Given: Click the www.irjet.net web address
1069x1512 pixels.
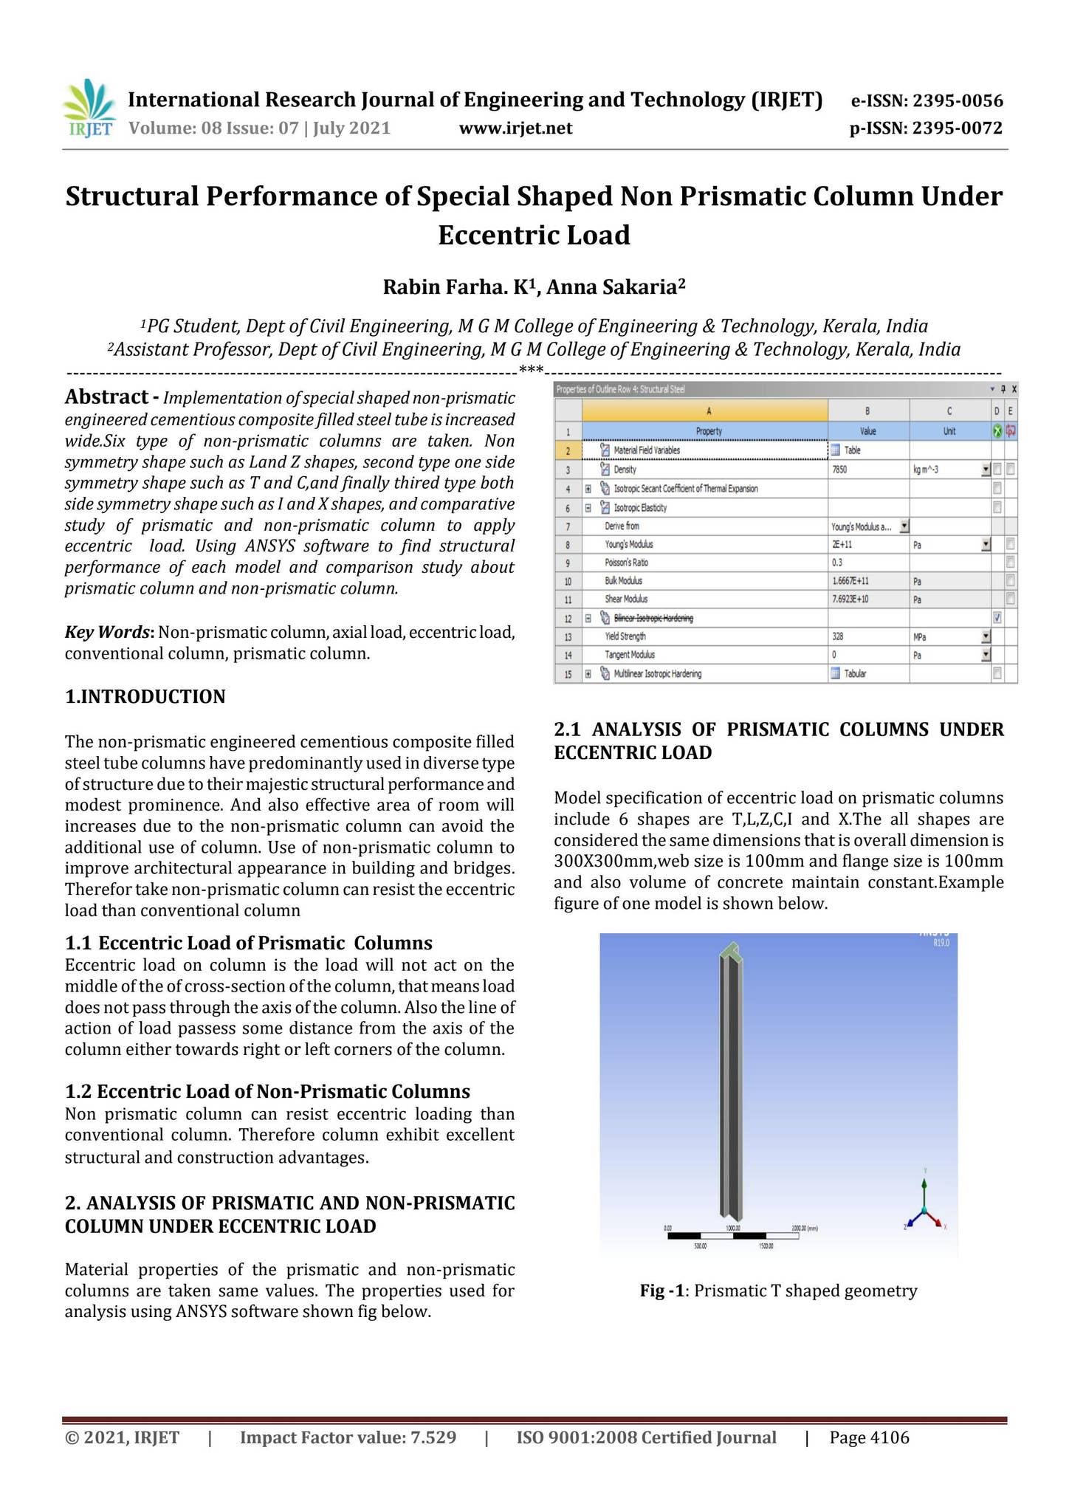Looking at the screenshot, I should click(x=515, y=128).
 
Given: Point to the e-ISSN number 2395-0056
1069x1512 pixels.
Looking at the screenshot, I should click(x=958, y=101).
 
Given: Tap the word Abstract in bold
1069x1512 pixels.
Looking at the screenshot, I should click(x=106, y=397).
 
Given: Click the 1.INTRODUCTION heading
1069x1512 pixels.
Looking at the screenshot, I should click(x=145, y=696).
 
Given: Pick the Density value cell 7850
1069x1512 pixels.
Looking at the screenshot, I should click(x=839, y=470).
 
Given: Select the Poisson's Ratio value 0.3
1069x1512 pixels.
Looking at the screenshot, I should click(x=837, y=563).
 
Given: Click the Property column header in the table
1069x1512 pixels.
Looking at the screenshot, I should click(x=709, y=431).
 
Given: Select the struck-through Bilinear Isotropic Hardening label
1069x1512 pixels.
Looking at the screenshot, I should click(x=653, y=618).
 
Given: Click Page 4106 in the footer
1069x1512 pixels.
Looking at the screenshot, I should click(x=869, y=1437).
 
